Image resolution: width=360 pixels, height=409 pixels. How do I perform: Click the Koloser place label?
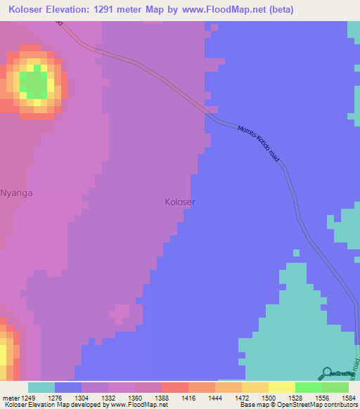(180, 202)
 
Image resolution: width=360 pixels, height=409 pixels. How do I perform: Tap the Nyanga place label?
(17, 192)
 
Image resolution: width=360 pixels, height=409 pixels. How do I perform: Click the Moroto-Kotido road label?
(259, 144)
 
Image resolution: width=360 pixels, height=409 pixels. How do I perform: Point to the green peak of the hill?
(33, 84)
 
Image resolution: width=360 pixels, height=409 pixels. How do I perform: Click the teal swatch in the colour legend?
(41, 387)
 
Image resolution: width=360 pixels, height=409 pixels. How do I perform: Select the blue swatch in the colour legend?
(68, 387)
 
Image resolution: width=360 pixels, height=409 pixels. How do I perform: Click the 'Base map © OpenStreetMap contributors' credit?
(297, 405)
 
